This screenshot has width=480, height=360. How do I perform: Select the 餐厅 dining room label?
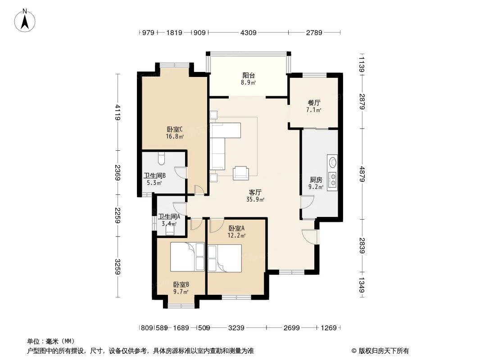pos(314,103)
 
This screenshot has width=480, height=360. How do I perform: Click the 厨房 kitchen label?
pos(316,180)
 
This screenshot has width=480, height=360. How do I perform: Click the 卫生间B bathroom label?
pos(155,176)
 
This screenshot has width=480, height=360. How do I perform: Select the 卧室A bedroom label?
pos(236,228)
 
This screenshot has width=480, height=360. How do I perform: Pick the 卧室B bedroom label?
pos(181,284)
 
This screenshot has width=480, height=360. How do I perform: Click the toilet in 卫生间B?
pos(162,158)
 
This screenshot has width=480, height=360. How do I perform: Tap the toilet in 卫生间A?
pos(170,230)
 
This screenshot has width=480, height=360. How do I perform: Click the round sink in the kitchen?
pos(333,161)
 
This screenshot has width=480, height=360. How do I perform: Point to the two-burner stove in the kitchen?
pos(333,180)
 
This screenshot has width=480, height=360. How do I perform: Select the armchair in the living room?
pos(241,172)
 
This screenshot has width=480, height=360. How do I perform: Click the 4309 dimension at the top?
pos(248,33)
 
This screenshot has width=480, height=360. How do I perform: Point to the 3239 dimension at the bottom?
pos(235,328)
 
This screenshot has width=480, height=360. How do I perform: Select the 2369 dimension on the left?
pos(118,173)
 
